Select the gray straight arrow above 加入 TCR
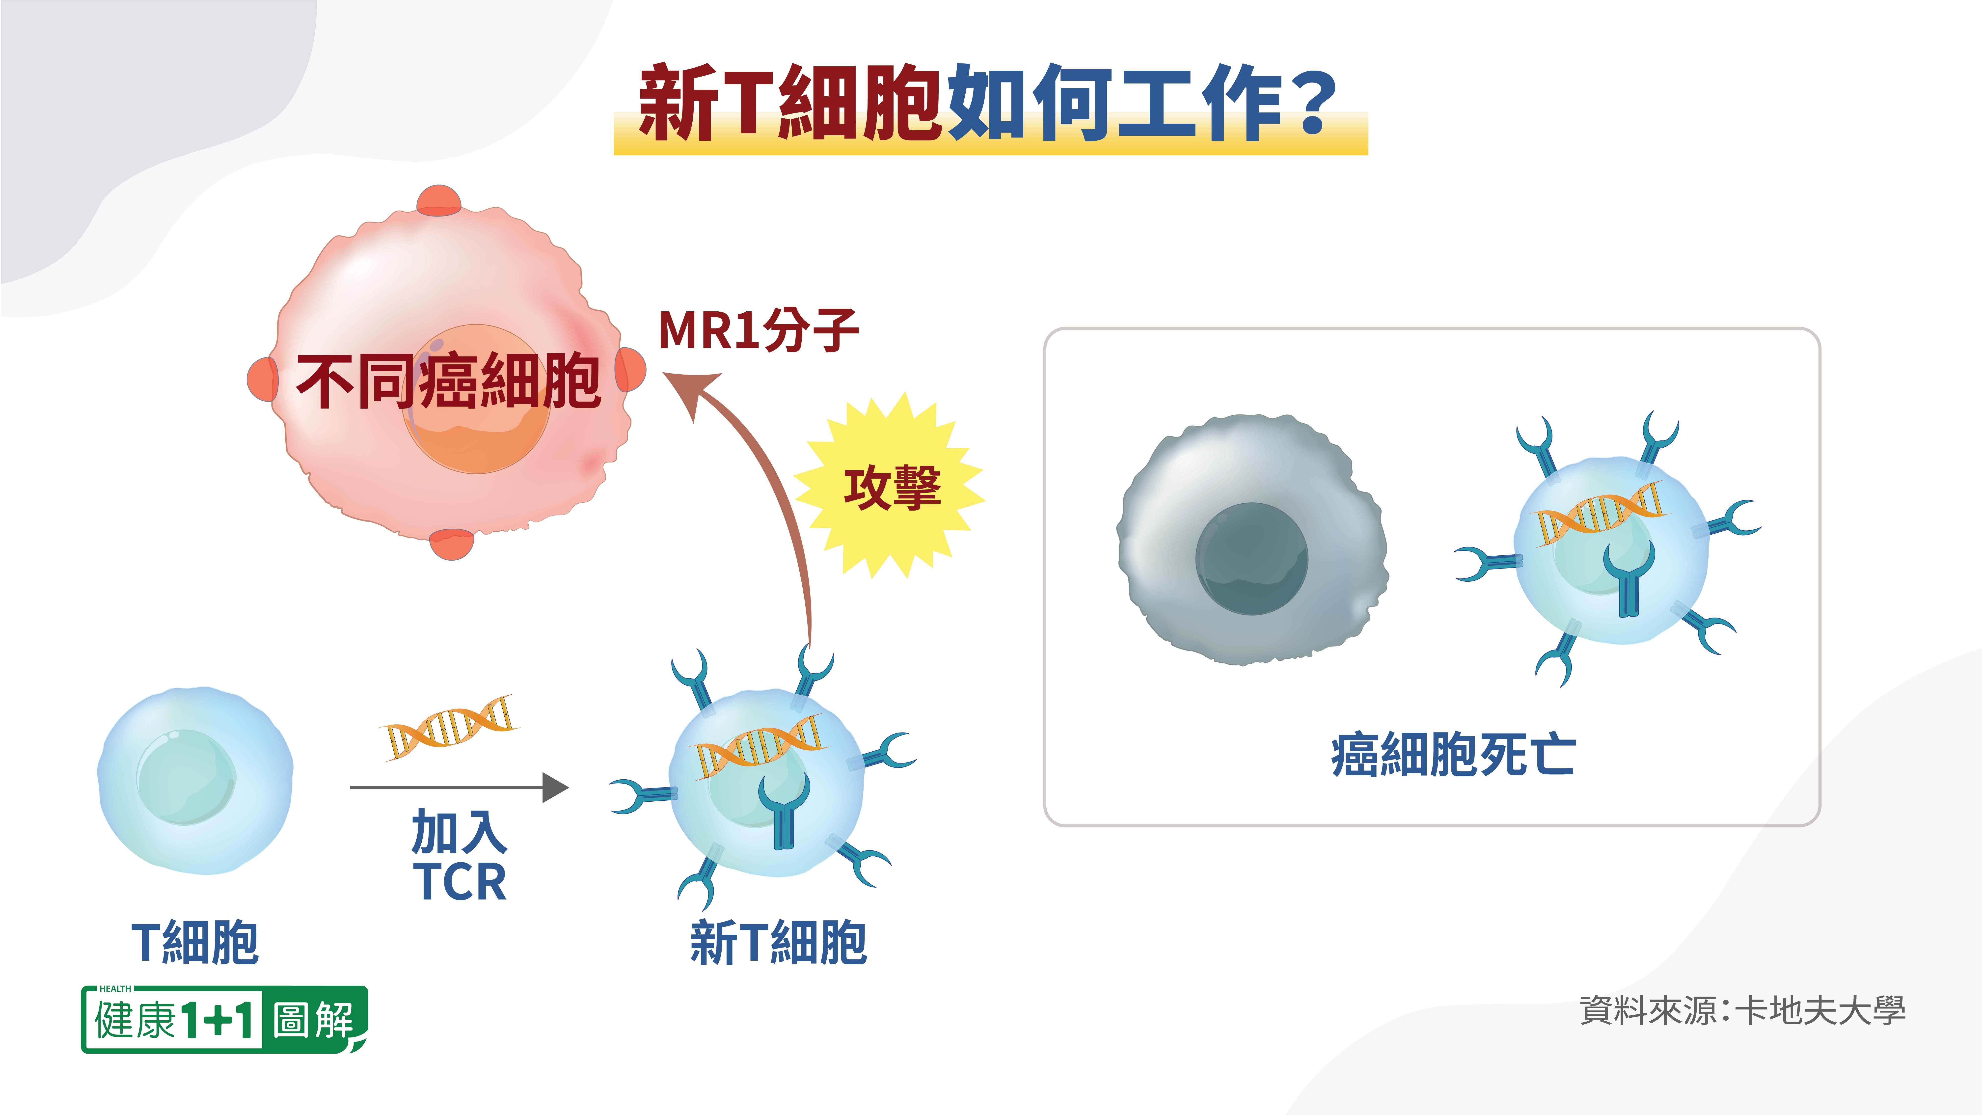coord(459,787)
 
